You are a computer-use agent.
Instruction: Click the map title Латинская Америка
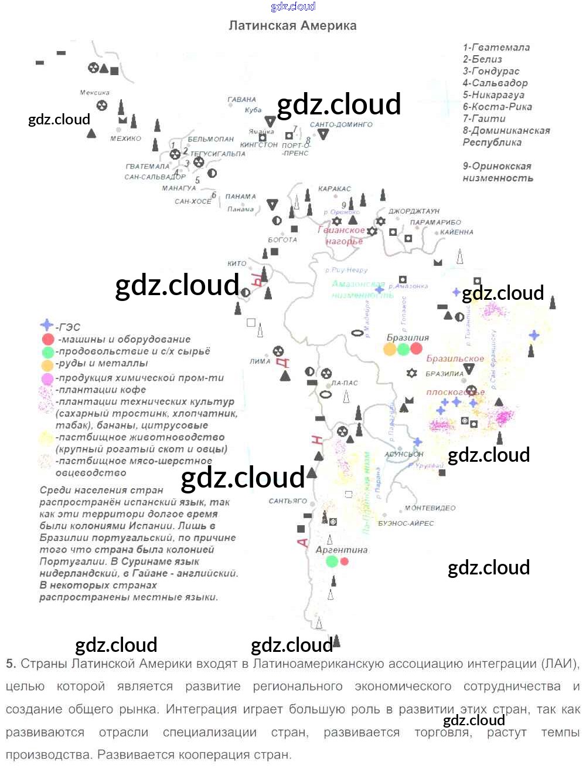click(292, 26)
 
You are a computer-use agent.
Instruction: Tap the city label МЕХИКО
click(125, 138)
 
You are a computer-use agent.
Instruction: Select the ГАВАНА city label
click(242, 100)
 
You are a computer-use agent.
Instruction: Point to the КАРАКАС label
click(335, 189)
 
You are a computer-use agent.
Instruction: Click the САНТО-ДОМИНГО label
click(341, 124)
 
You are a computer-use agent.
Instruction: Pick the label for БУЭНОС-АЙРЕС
click(406, 523)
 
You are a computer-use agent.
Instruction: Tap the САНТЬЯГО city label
click(288, 501)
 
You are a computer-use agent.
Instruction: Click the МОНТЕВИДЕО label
click(430, 508)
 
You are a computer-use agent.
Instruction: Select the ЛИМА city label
click(260, 361)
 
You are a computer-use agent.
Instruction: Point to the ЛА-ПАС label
click(345, 383)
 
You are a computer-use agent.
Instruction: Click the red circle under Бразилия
click(416, 349)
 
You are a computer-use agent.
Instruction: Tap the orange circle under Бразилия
click(390, 349)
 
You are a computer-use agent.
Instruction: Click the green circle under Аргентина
click(332, 562)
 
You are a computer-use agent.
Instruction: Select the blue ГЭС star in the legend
click(46, 326)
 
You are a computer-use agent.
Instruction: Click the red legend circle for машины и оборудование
click(47, 339)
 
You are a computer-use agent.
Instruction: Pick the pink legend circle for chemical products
click(47, 378)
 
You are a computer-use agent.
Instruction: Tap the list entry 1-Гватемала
click(496, 48)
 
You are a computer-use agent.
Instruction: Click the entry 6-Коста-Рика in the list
click(498, 107)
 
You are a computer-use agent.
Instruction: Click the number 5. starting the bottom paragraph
click(11, 664)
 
